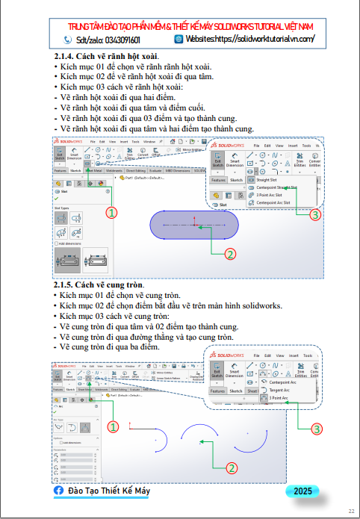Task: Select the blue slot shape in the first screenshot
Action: pyautogui.click(x=193, y=225)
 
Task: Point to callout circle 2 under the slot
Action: pyautogui.click(x=230, y=254)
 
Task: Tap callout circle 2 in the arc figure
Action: pyautogui.click(x=231, y=467)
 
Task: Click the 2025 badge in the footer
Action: pyautogui.click(x=302, y=491)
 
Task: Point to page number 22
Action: pyautogui.click(x=350, y=511)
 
